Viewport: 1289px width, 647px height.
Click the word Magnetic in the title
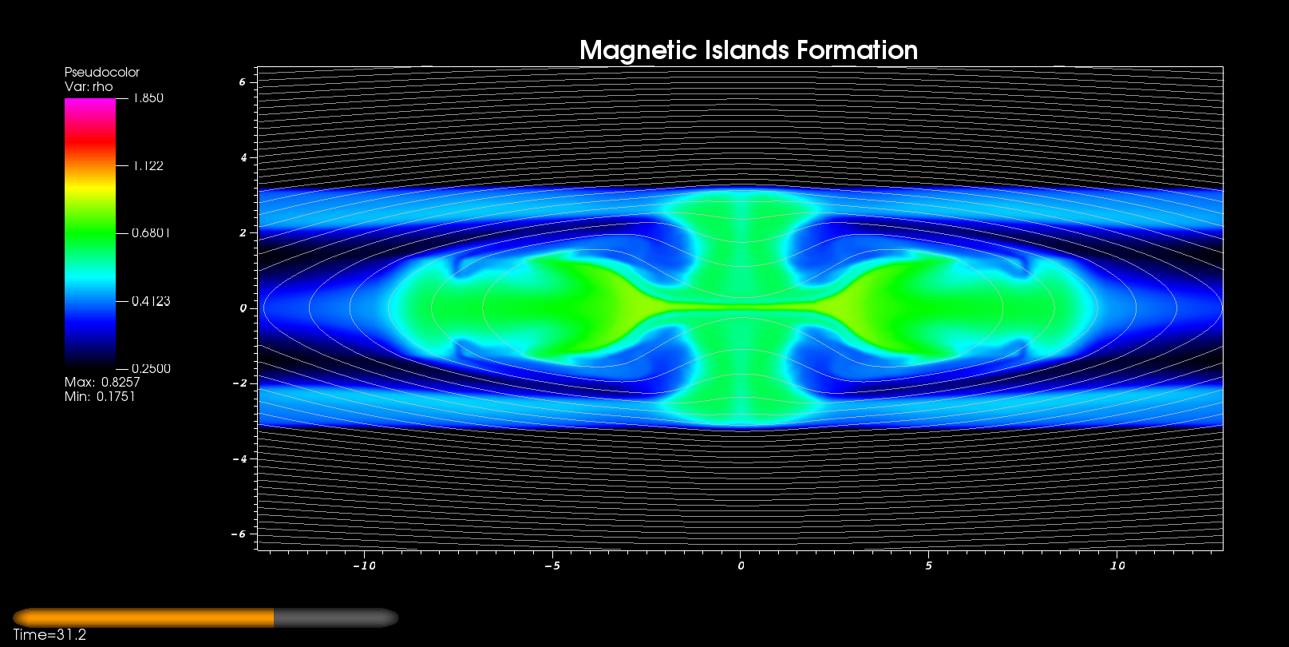point(639,50)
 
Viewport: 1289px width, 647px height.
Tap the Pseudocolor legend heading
point(102,72)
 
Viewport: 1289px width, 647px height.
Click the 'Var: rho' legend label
point(89,86)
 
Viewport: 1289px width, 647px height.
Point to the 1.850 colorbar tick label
point(148,98)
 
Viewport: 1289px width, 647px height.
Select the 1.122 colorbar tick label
point(148,166)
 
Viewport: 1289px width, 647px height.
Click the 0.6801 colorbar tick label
point(151,232)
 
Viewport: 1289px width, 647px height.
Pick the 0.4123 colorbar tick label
point(151,301)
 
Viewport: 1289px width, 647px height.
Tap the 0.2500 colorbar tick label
point(151,369)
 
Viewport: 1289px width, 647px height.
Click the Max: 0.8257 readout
point(102,382)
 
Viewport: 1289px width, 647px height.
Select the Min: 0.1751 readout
point(100,396)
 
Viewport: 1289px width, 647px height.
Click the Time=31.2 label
point(49,634)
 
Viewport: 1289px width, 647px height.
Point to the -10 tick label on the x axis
point(364,566)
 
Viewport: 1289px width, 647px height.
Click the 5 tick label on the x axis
point(928,566)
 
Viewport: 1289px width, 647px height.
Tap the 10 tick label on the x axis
point(1117,566)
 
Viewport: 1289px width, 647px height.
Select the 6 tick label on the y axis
point(243,81)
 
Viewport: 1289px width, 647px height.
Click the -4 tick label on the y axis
point(239,458)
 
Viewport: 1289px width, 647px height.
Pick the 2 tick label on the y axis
point(243,232)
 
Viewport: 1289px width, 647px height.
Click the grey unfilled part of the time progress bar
point(336,617)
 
